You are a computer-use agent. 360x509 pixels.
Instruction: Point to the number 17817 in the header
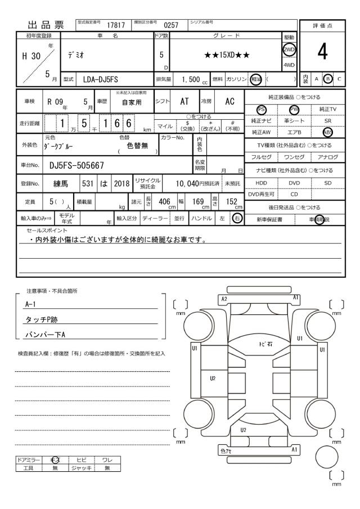(116, 24)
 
